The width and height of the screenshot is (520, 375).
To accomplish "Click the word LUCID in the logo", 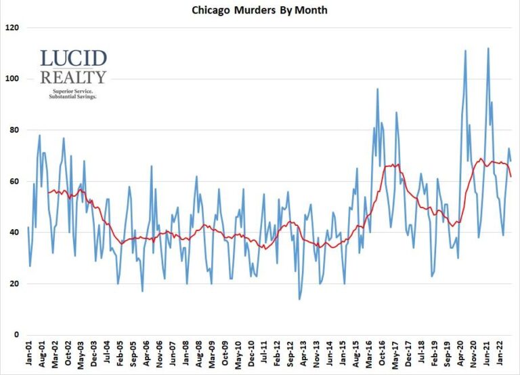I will click(73, 59).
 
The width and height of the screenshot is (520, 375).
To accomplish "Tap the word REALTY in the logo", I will click(73, 77).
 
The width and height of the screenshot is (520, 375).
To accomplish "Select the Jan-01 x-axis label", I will click(28, 355).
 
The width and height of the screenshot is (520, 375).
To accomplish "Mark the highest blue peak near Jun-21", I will click(488, 48).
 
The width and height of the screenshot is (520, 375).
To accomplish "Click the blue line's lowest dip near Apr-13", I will click(299, 299).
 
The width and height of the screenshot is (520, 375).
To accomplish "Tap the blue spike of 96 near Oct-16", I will click(377, 89).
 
